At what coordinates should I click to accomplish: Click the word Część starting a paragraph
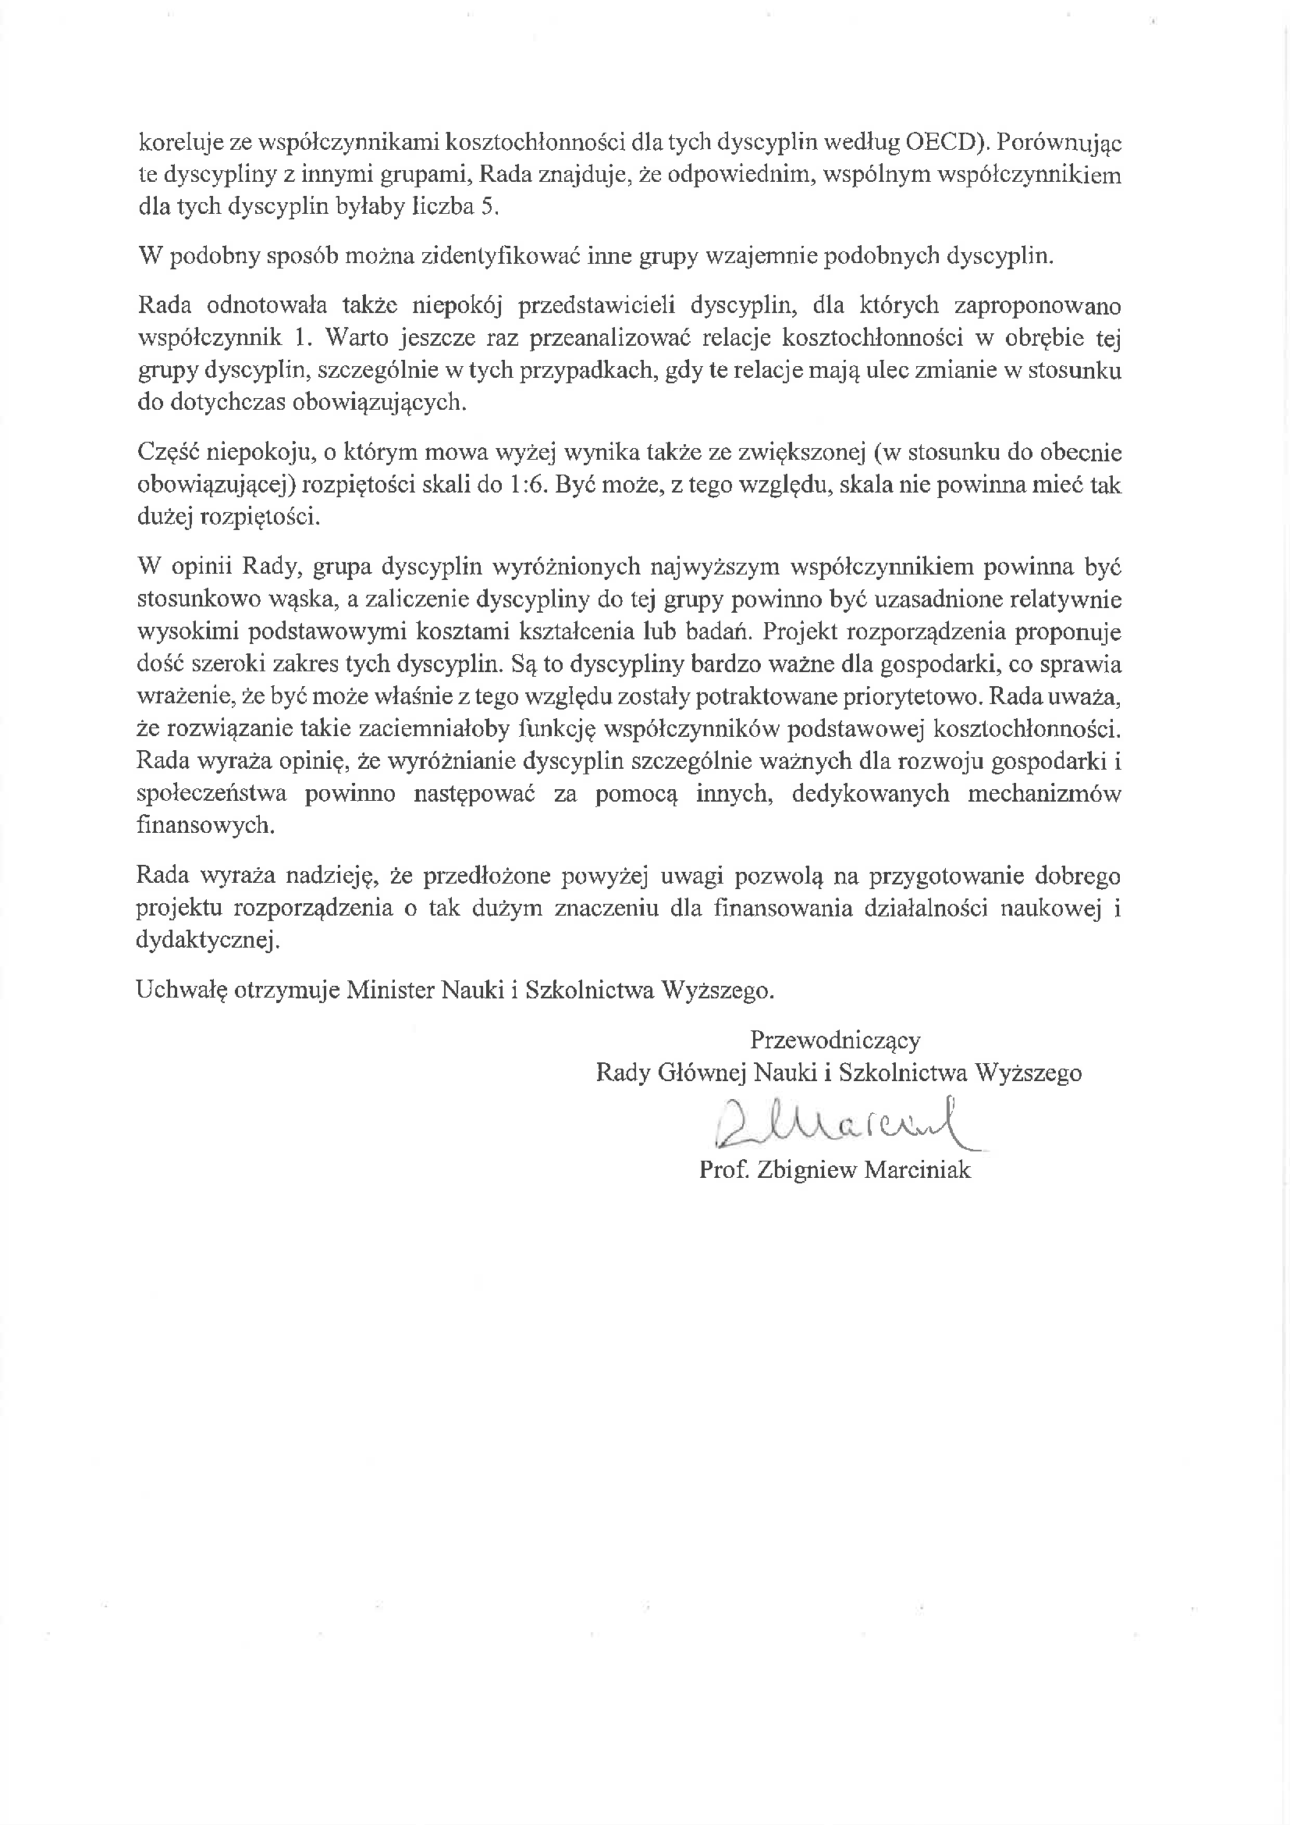tap(168, 453)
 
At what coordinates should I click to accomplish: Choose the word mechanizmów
tap(1043, 794)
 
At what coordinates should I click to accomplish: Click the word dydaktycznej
tap(208, 941)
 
